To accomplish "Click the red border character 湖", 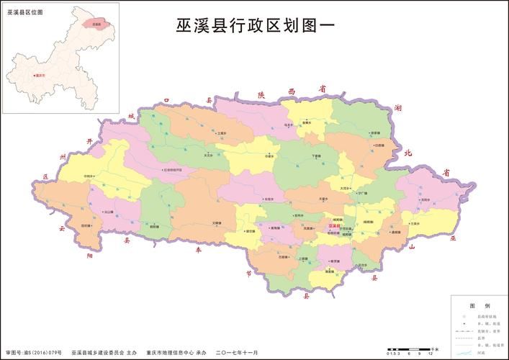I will click(x=398, y=108).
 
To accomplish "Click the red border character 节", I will click(x=248, y=273).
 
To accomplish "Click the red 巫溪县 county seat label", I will click(x=334, y=226).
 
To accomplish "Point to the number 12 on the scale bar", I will click(x=430, y=354).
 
